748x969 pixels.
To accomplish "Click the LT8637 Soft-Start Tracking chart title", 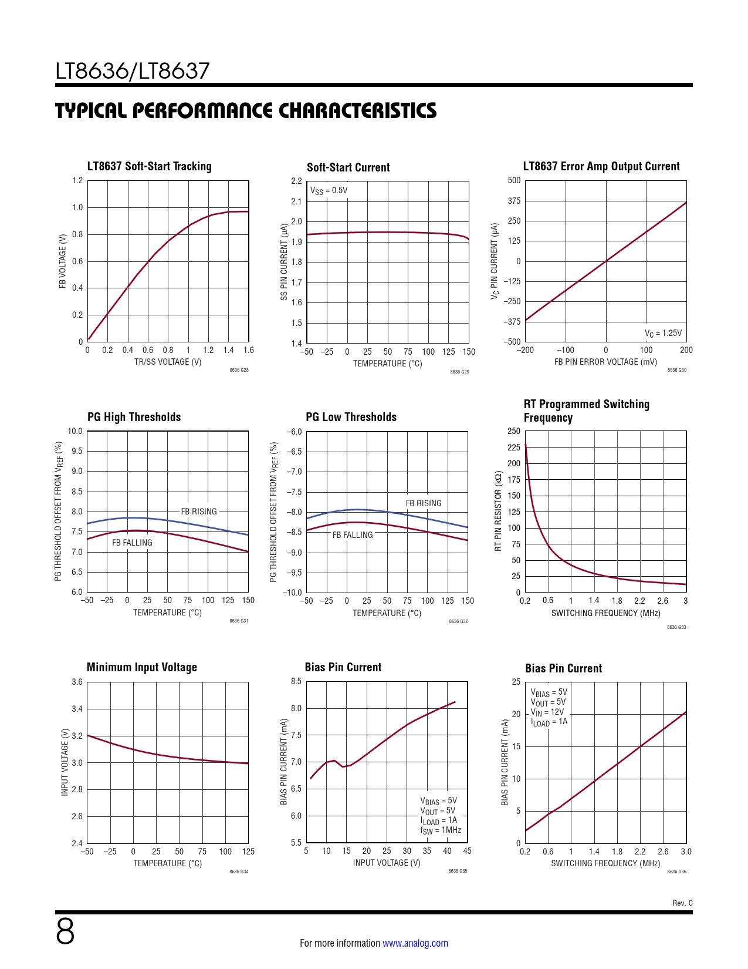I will [x=149, y=166].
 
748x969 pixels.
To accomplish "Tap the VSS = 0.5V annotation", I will [x=329, y=191].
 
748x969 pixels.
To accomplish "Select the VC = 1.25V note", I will [x=663, y=334].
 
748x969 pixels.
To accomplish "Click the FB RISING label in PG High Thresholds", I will [x=199, y=512].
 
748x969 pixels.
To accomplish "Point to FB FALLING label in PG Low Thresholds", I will [x=353, y=535].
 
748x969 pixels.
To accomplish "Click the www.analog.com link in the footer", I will [x=415, y=943].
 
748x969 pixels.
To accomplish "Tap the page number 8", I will [x=65, y=931].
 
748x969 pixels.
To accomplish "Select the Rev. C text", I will [x=682, y=903].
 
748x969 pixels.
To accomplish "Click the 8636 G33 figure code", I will [x=676, y=627].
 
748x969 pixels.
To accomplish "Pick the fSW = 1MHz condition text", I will [x=440, y=830].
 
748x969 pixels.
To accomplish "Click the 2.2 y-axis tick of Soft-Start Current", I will [x=296, y=181].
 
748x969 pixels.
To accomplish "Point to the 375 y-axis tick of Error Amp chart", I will [x=514, y=201].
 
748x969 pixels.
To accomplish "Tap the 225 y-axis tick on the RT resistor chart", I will [x=514, y=448].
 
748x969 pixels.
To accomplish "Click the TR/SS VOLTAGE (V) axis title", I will [x=168, y=362].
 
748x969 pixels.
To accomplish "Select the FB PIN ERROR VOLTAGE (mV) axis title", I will [x=605, y=362].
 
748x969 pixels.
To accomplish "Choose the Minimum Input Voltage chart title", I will [x=141, y=667].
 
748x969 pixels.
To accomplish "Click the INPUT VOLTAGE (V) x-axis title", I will [x=387, y=863].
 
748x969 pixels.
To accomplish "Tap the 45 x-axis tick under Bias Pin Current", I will [x=467, y=851].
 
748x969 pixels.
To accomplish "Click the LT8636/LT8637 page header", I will [x=133, y=71].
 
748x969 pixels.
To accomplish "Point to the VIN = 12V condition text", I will [x=547, y=712].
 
